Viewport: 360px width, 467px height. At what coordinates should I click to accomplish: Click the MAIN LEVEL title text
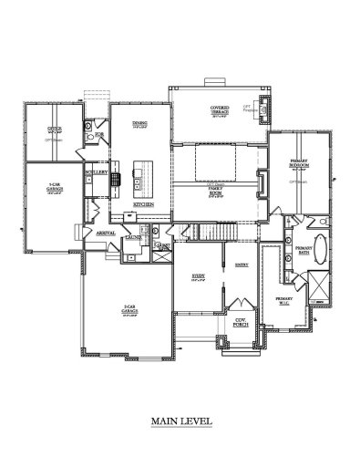coord(181,422)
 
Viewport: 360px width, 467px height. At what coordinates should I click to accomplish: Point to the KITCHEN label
coord(142,204)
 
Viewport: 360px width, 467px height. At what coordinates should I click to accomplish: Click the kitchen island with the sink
coord(140,178)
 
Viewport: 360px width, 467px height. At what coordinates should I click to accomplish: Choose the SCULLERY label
coord(97,171)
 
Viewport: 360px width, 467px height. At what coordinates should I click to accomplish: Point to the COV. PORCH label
coord(242,321)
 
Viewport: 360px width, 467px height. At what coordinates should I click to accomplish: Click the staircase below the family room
coord(213,234)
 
